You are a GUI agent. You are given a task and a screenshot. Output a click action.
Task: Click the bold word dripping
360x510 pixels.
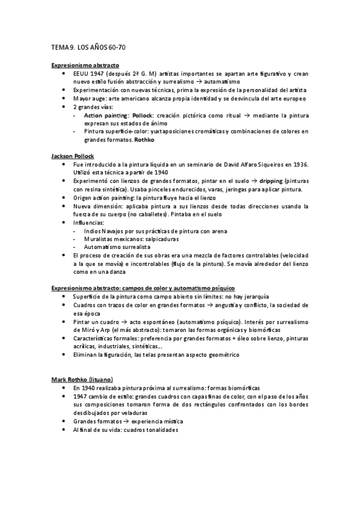tap(266, 181)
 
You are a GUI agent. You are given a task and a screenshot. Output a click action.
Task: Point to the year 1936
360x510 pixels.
tap(299, 164)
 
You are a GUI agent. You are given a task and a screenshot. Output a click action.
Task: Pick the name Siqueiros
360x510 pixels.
tap(264, 164)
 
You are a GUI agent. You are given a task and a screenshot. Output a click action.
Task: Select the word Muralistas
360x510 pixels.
tap(99, 239)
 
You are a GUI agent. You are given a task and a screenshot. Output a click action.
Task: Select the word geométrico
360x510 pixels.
tap(221, 355)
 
